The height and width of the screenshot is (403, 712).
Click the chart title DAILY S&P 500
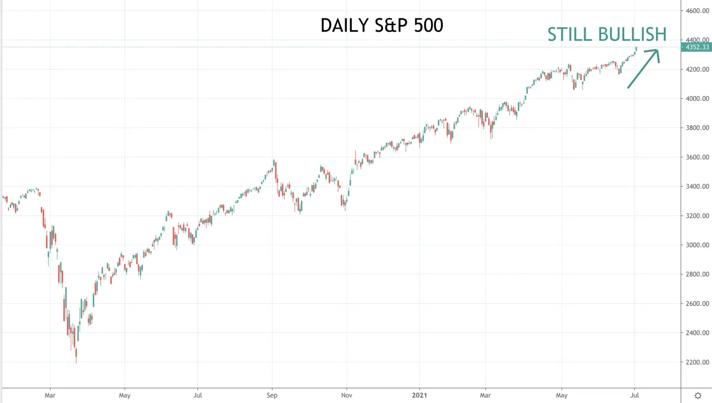pos(381,25)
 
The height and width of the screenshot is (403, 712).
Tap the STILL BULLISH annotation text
pos(607,34)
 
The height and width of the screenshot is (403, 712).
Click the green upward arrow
pos(643,68)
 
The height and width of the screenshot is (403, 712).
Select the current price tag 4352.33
pos(697,47)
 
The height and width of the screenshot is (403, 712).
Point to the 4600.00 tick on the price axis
pos(697,11)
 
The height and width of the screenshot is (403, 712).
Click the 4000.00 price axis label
pos(697,99)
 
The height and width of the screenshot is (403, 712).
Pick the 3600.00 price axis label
pos(697,157)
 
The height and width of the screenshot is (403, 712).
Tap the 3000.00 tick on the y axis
pos(697,245)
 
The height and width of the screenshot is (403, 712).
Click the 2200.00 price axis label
pos(697,362)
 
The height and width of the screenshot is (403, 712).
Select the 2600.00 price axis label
pos(697,303)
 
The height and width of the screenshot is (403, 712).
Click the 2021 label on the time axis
pos(419,395)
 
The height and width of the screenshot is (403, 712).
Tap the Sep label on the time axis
pos(272,396)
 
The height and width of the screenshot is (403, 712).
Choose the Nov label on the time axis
pos(346,395)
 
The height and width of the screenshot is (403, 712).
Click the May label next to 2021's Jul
pos(562,396)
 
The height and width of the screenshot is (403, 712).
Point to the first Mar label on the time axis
pos(50,395)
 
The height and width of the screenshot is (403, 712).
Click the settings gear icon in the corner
pos(698,396)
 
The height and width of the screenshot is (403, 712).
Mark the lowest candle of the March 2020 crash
pos(76,355)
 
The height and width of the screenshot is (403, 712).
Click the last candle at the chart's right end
pos(636,49)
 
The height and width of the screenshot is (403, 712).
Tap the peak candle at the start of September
pos(273,162)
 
